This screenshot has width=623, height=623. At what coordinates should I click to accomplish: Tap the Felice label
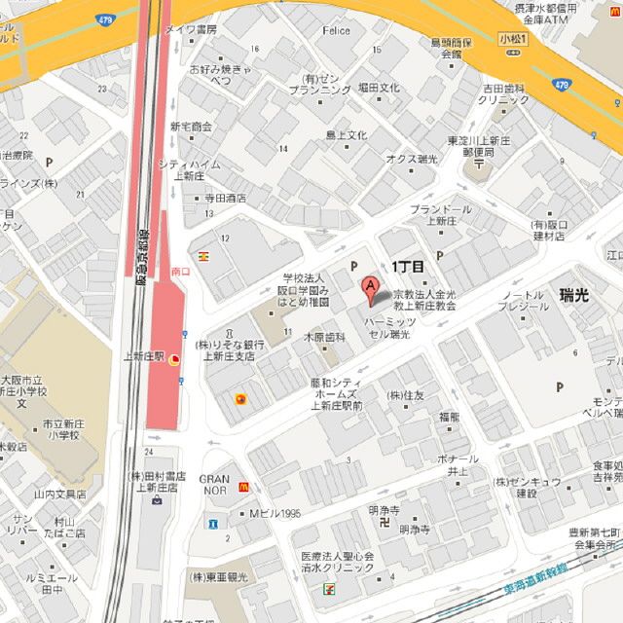(x=337, y=31)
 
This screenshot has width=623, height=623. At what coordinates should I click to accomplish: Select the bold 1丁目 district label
(x=408, y=266)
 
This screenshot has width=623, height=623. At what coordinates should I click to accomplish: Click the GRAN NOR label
(x=214, y=485)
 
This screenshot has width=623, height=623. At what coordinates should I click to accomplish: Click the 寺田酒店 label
(x=225, y=198)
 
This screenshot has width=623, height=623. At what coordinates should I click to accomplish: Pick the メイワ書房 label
(x=191, y=30)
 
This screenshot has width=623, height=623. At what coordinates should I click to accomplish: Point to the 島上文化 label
(x=346, y=135)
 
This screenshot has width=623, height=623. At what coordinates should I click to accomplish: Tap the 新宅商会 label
(x=191, y=127)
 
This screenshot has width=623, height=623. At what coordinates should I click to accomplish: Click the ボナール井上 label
(x=458, y=464)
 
